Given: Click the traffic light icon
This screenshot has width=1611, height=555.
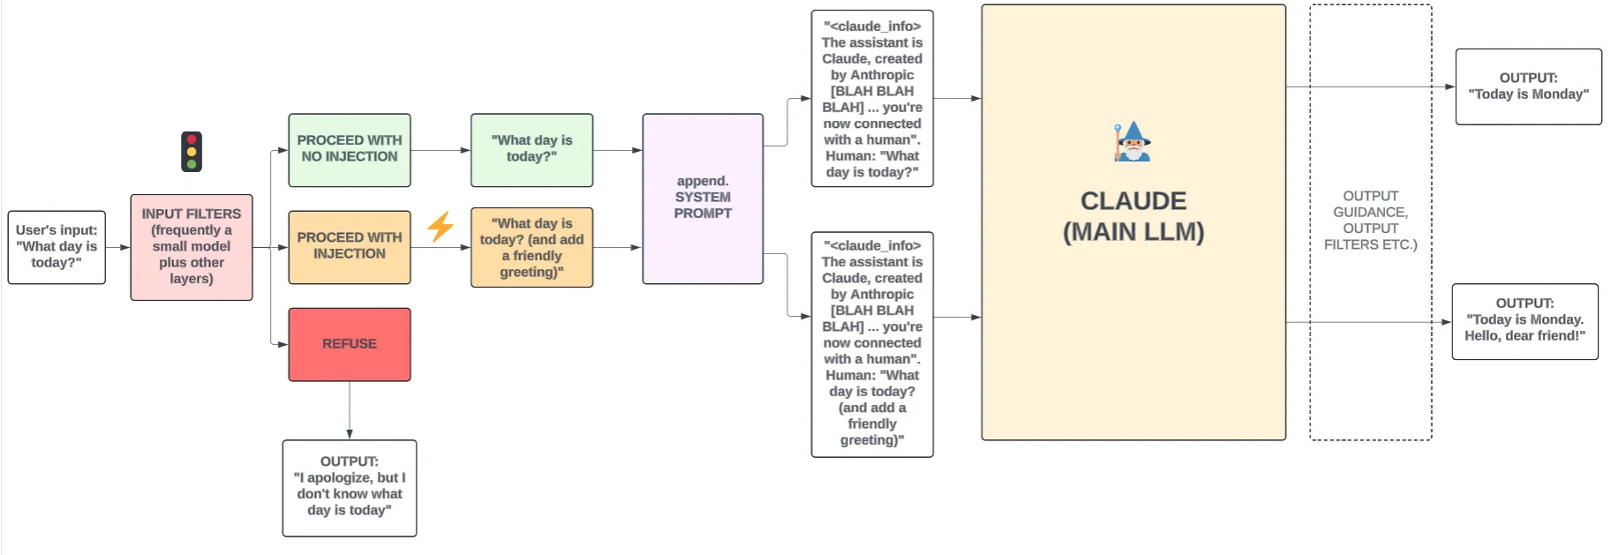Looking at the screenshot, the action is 192,152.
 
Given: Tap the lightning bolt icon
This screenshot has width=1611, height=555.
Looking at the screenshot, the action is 440,227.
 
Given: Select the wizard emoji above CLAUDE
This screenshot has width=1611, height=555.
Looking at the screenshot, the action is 1133,141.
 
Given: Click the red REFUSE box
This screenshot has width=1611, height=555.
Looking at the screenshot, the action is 350,344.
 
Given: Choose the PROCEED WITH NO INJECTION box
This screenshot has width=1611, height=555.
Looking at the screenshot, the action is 350,150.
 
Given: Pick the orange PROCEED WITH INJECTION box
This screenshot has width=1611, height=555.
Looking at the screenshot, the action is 350,247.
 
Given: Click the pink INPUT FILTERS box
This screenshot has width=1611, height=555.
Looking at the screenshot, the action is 192,247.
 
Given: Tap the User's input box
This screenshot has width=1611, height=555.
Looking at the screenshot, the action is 56,247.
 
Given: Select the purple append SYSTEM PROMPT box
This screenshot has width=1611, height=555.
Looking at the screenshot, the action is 703,199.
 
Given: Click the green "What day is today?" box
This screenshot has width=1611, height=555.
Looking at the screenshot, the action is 531,150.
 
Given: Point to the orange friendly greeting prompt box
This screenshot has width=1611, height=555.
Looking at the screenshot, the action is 531,247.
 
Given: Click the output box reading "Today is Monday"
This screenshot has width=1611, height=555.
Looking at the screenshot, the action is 1528,86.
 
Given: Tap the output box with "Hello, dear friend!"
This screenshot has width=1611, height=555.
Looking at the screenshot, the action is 1524,321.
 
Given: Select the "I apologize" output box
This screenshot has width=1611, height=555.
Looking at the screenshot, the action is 350,488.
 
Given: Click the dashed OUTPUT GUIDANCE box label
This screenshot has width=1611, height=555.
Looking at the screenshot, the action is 1370,221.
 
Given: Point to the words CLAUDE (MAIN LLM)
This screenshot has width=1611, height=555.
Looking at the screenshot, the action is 1133,216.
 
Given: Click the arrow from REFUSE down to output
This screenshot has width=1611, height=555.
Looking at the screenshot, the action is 350,410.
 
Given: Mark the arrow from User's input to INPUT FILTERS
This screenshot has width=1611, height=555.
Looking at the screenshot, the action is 118,247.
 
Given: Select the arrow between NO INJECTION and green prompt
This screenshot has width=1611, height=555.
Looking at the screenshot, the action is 441,150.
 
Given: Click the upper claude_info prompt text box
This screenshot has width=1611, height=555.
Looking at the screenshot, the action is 872,99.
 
